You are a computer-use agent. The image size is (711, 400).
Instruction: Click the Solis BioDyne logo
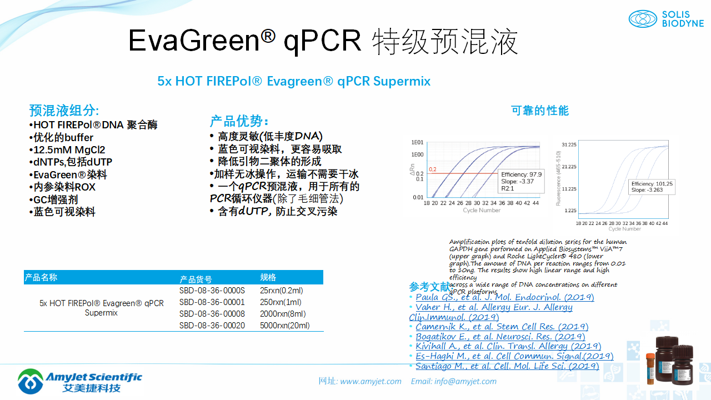pos(666,19)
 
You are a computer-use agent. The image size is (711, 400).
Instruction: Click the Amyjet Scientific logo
pos(80,381)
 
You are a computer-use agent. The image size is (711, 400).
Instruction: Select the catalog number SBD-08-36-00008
pos(212,314)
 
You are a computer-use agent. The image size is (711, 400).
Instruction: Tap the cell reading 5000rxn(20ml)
pos(284,326)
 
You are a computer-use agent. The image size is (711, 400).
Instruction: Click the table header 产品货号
pos(196,279)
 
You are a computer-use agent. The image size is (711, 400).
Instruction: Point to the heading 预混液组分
pos(64,110)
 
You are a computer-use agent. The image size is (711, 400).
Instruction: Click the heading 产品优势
pos(239,121)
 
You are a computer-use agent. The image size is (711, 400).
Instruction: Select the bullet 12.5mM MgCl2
pos(69,150)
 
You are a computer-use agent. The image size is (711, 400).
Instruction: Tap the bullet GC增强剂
pos(55,200)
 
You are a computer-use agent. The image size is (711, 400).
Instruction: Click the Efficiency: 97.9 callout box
pos(520,181)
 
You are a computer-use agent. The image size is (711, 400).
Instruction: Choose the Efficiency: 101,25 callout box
pos(652,187)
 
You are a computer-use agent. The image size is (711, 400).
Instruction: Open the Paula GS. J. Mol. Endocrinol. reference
pos(504,297)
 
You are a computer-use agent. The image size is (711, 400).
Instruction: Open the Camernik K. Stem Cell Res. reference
pos(502,327)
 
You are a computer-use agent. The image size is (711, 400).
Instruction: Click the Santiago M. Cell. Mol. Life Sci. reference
pos(507,366)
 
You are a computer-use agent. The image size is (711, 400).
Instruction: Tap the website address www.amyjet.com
pos(370,381)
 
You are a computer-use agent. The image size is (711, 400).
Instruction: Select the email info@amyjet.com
pos(465,381)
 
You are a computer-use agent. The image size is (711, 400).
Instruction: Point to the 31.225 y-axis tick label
pos(569,144)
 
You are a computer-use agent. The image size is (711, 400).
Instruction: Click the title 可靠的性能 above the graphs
pos(540,111)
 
